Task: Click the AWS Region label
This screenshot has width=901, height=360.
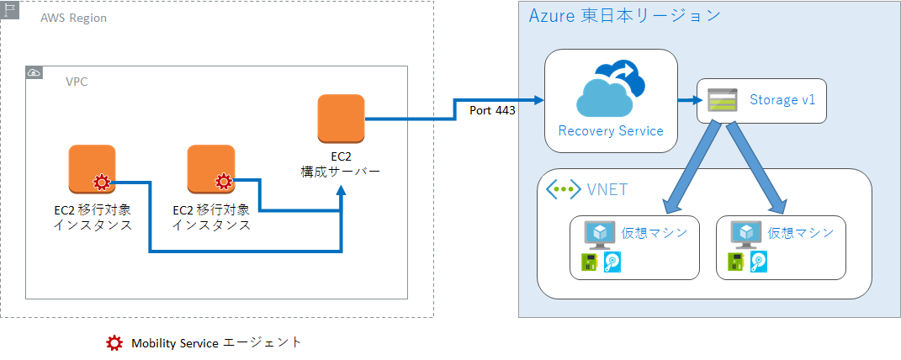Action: (x=73, y=18)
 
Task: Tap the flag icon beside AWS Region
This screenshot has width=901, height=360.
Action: (x=10, y=12)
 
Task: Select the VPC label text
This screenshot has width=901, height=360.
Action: (x=77, y=82)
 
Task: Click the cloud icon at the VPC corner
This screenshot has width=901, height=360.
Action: (x=34, y=73)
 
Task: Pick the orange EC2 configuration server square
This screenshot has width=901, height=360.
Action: (x=341, y=119)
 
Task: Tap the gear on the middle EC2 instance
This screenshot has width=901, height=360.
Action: (x=223, y=181)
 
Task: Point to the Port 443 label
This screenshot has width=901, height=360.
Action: (x=492, y=109)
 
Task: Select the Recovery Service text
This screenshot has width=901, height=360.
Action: (x=611, y=130)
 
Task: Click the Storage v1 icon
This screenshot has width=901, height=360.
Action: (x=722, y=101)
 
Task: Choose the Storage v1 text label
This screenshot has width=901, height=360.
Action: (x=782, y=100)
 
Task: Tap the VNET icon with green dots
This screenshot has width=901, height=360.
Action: (x=563, y=189)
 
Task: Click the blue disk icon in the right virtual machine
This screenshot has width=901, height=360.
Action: (x=759, y=262)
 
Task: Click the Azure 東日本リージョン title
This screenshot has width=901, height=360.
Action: (x=624, y=16)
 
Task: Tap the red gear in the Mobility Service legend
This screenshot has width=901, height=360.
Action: (x=114, y=343)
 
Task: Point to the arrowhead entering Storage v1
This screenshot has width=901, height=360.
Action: (x=697, y=100)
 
